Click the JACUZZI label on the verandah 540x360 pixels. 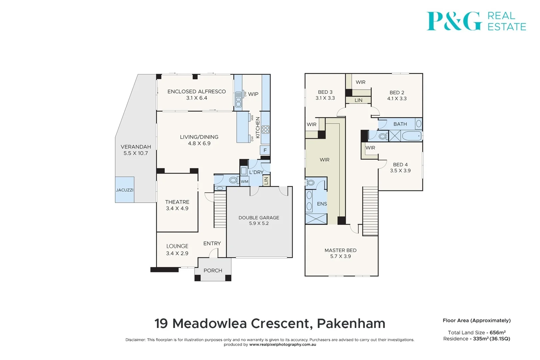125,190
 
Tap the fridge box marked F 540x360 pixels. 265,150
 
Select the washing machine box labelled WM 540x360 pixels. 245,181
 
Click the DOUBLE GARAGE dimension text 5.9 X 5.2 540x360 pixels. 259,223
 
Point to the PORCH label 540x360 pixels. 213,271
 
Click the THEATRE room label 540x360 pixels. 177,202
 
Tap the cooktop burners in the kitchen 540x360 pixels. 265,129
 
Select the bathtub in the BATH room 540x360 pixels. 412,136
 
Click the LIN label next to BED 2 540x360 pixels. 358,100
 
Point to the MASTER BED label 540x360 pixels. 340,250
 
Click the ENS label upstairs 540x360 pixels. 322,204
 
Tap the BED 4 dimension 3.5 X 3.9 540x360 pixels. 400,171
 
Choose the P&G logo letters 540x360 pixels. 454,21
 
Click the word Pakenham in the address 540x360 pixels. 351,323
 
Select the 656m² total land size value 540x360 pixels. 497,332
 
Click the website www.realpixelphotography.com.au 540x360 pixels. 282,345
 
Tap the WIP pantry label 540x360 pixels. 253,94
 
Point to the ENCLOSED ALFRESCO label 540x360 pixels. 196,91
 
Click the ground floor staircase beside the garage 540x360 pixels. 220,210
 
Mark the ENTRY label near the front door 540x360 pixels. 212,243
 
